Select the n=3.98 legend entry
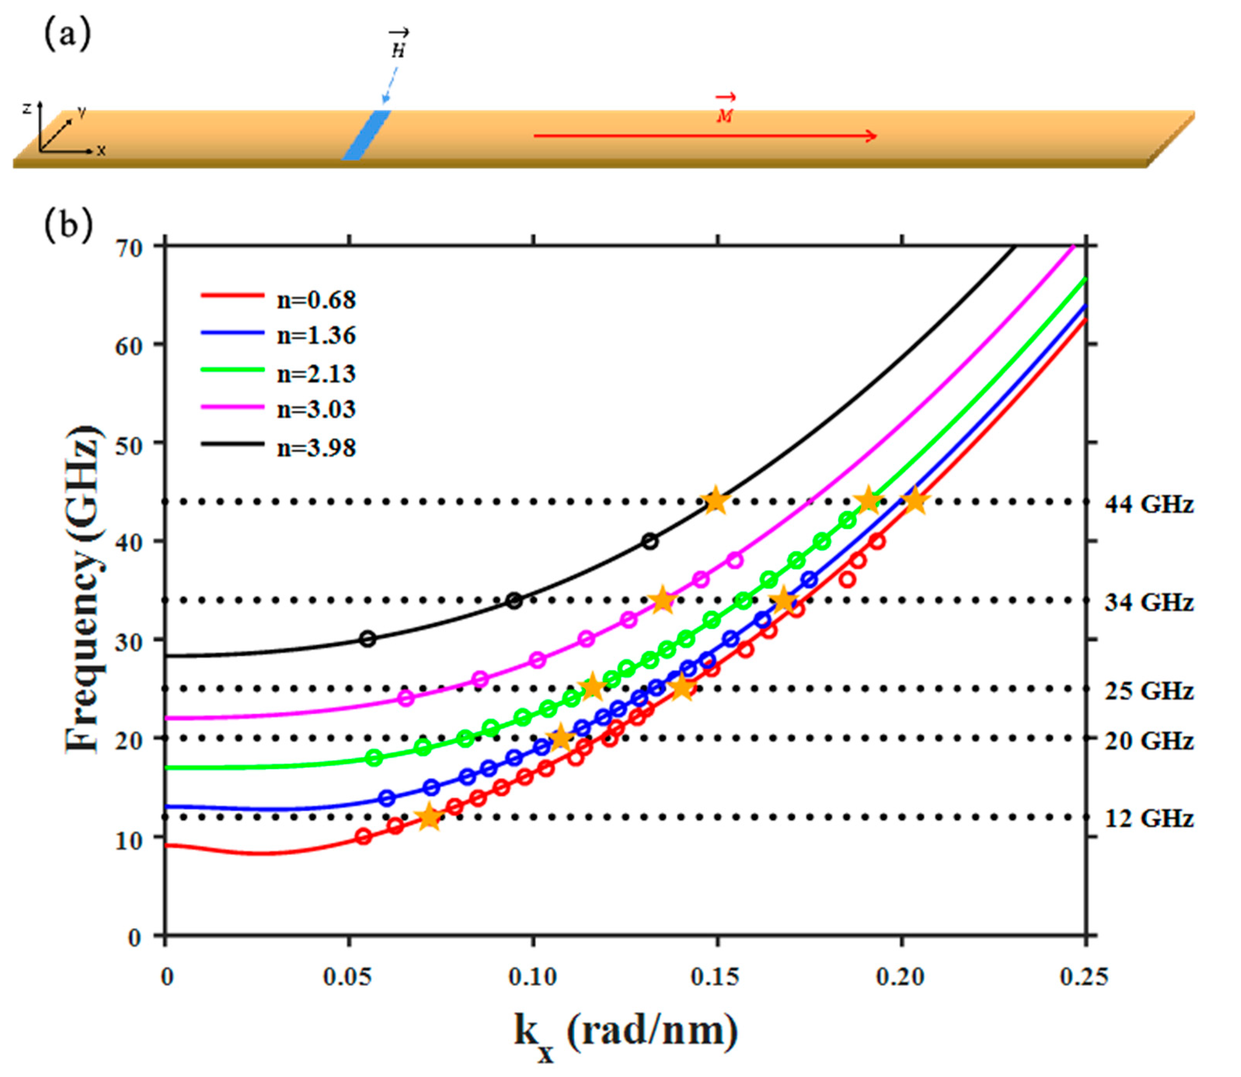tap(278, 448)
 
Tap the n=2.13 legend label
tap(316, 374)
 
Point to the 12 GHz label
tap(1149, 818)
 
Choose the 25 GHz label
tap(1149, 691)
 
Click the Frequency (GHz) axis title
tap(82, 589)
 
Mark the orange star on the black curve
tap(715, 501)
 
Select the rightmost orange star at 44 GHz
tap(914, 501)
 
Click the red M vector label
tap(725, 111)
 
